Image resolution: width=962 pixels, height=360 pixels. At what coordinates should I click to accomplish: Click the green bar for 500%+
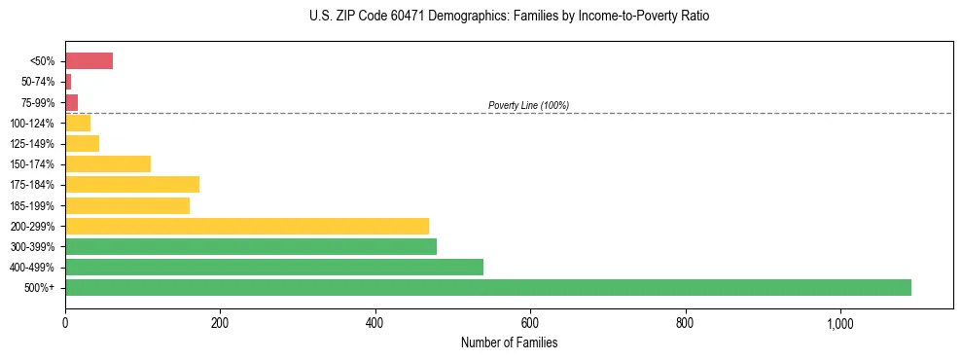click(487, 288)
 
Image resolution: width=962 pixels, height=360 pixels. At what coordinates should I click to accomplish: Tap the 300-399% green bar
click(251, 247)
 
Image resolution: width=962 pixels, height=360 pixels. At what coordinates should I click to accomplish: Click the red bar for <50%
click(89, 61)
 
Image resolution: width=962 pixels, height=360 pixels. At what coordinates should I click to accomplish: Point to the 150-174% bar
click(108, 164)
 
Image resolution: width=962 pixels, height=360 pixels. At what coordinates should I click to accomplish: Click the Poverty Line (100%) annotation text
click(528, 105)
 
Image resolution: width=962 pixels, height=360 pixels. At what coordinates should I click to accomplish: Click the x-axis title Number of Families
click(509, 343)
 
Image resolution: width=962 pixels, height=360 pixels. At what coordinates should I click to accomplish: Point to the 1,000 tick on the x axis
click(839, 324)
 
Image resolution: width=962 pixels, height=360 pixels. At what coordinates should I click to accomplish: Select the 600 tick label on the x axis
click(530, 324)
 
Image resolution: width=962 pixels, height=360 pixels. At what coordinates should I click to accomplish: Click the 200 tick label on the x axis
click(220, 324)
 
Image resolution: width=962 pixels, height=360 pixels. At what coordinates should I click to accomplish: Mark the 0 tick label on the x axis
click(65, 324)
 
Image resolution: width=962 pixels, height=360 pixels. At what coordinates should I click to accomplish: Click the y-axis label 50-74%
click(40, 83)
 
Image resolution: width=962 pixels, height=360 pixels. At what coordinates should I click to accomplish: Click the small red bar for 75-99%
click(71, 102)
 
